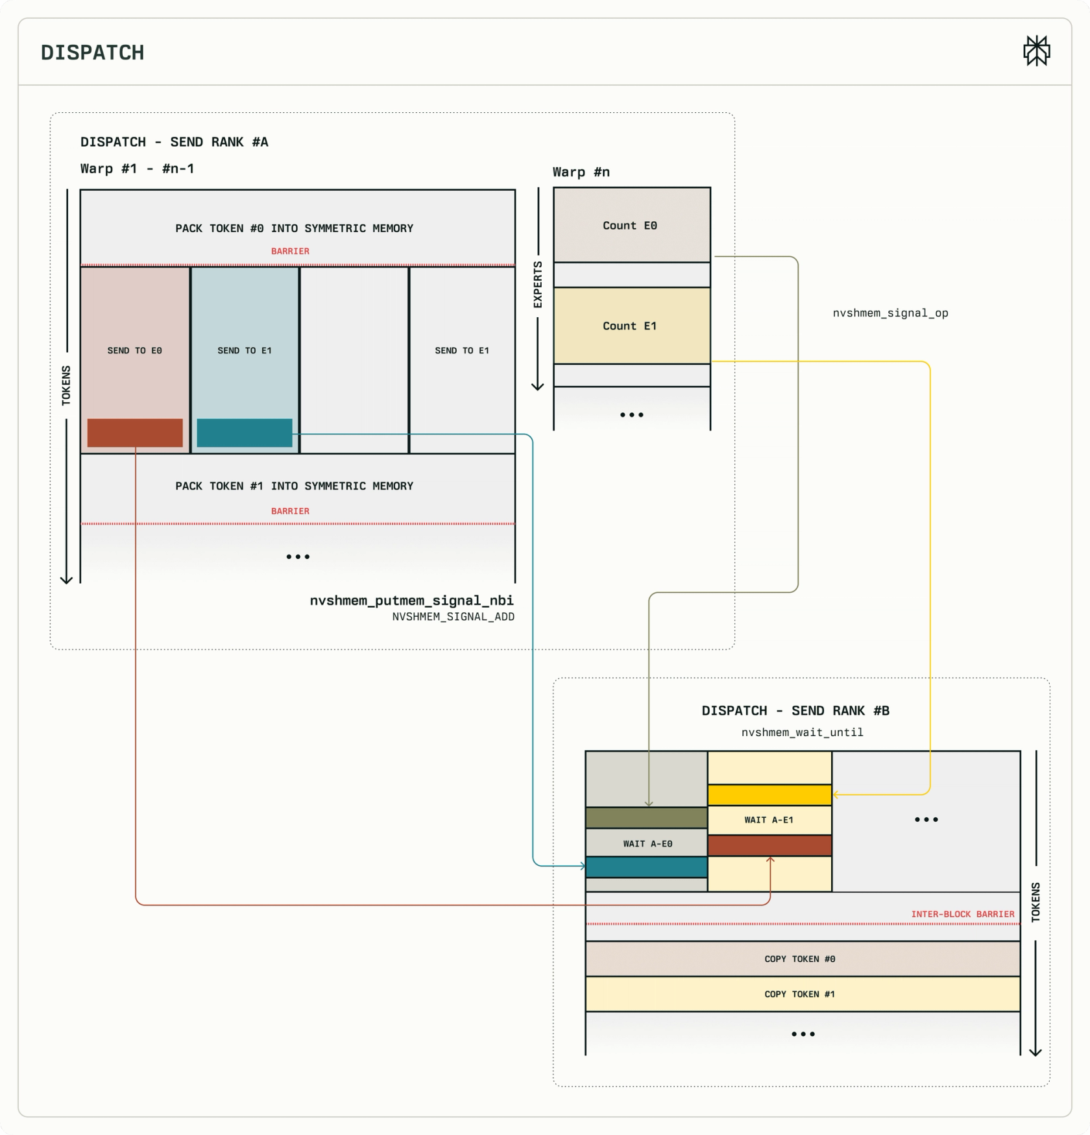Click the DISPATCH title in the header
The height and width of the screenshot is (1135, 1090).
coord(93,53)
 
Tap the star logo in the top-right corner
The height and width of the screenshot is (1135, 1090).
coord(1037,51)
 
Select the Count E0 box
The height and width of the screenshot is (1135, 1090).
coord(632,225)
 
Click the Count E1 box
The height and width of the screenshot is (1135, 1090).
coord(632,326)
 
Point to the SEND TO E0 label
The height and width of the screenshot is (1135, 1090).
coord(135,350)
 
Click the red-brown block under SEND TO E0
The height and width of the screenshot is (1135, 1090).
coord(135,433)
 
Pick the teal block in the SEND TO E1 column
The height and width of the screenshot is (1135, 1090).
coord(245,433)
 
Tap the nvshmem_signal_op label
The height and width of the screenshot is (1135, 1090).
coord(890,313)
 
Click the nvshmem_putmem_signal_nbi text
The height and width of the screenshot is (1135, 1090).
coord(411,601)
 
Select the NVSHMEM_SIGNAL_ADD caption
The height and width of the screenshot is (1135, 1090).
coord(453,617)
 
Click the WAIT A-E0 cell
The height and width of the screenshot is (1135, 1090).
coord(647,843)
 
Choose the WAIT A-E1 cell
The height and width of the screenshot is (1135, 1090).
coord(769,820)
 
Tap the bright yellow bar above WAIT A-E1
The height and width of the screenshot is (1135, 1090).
coord(769,794)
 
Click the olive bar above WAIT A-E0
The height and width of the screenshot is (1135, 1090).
coord(647,818)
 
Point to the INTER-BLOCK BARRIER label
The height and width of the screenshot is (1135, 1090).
coord(963,914)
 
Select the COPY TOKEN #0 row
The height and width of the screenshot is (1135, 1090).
coord(803,959)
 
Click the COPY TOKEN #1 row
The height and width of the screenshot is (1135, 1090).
coord(803,994)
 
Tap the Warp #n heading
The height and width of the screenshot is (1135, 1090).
coord(581,172)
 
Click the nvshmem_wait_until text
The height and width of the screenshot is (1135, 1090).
coord(803,732)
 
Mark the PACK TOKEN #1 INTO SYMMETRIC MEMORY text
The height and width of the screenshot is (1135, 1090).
coord(294,486)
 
